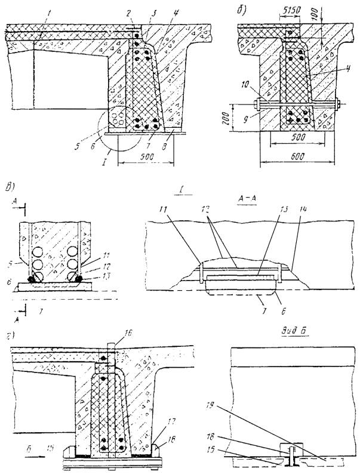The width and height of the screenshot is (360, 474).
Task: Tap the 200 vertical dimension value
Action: (245, 119)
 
